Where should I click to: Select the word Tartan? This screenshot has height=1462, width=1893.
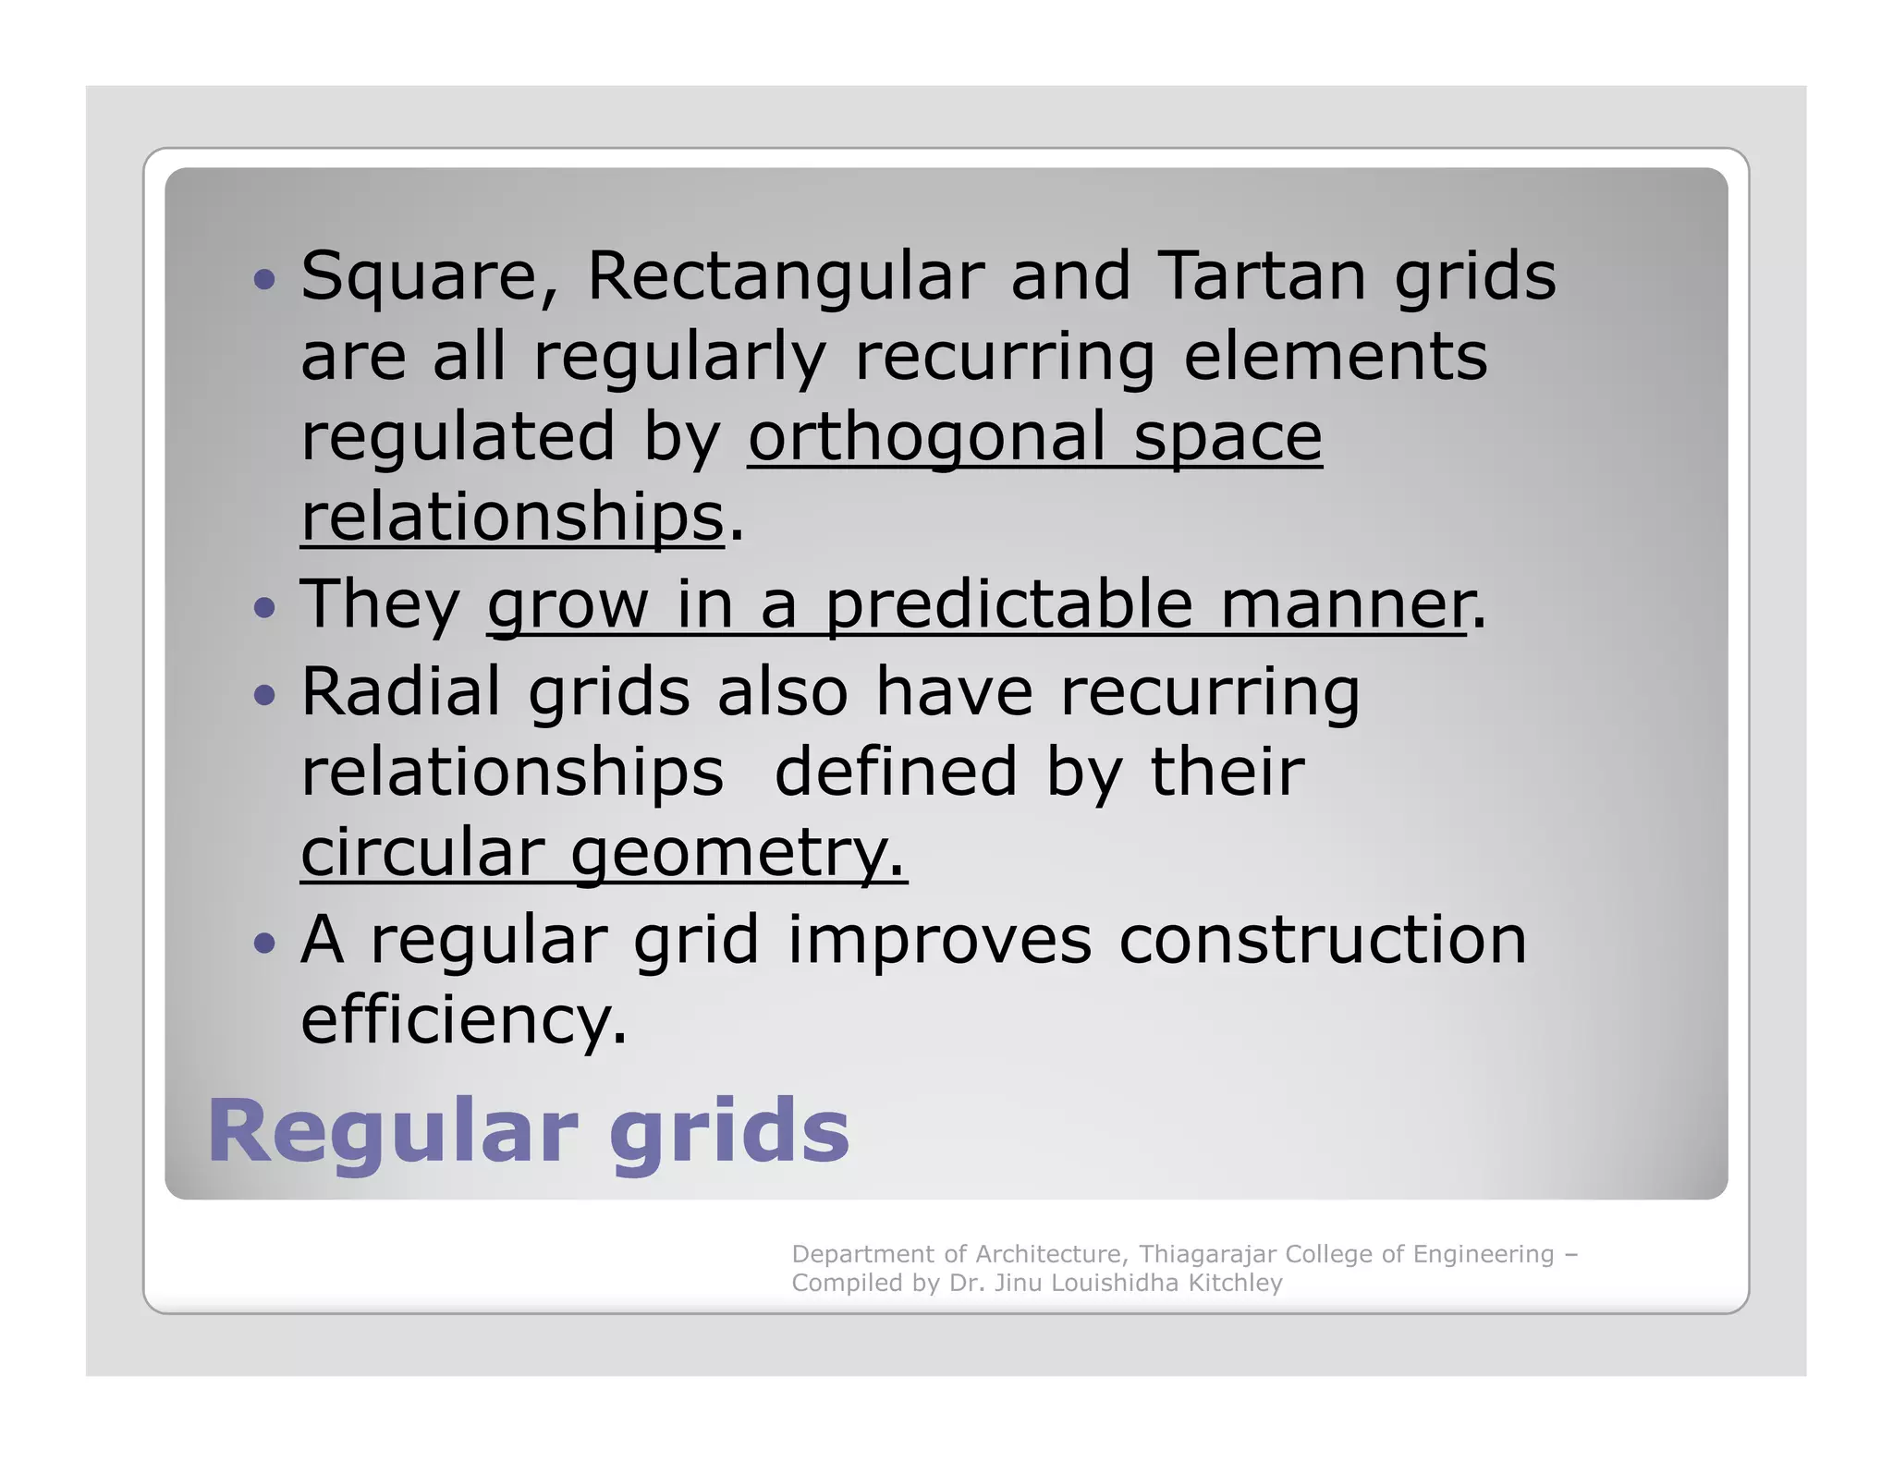coord(1261,276)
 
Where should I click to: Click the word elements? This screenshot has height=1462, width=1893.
coord(1336,357)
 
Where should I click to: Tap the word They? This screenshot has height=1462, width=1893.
coord(380,604)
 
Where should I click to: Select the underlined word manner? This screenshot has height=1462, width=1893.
coord(1345,604)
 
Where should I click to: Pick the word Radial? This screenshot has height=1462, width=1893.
coord(400,691)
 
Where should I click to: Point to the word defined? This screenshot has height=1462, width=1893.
coord(895,772)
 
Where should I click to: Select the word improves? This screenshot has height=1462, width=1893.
coord(939,940)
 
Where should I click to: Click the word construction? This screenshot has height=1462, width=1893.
coord(1322,940)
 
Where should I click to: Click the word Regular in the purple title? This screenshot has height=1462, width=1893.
coord(393,1131)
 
